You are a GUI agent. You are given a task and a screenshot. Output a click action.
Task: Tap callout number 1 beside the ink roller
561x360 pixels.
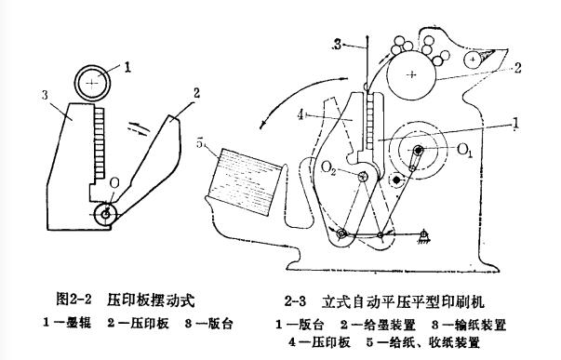pyautogui.click(x=127, y=67)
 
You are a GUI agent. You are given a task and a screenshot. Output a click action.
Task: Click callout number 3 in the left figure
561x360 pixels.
pyautogui.click(x=45, y=95)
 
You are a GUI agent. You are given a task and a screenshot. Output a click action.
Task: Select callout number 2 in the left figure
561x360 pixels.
pyautogui.click(x=196, y=94)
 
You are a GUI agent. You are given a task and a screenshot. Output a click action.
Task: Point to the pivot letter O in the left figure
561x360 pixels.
pyautogui.click(x=114, y=183)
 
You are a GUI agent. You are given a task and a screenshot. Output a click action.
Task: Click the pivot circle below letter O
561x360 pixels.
pyautogui.click(x=106, y=214)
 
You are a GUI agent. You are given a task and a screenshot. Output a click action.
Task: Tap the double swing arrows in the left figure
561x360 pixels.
pyautogui.click(x=138, y=128)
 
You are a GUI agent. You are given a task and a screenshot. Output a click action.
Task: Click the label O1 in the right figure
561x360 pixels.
pyautogui.click(x=465, y=151)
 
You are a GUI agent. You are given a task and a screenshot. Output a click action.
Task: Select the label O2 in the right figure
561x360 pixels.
pyautogui.click(x=328, y=167)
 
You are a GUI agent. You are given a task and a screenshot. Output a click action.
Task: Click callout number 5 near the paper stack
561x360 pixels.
pyautogui.click(x=200, y=143)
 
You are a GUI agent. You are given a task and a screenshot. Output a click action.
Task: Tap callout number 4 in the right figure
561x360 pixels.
pyautogui.click(x=301, y=115)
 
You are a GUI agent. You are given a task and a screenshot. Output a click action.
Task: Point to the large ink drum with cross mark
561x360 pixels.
pyautogui.click(x=411, y=74)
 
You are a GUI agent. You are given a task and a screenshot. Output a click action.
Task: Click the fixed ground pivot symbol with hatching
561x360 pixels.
pyautogui.click(x=423, y=236)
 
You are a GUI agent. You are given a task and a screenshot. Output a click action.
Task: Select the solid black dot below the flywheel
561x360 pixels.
pyautogui.click(x=396, y=179)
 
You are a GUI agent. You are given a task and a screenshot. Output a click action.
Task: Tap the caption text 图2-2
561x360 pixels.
pyautogui.click(x=74, y=299)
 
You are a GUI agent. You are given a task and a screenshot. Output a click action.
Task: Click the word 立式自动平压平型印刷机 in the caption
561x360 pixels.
pyautogui.click(x=403, y=301)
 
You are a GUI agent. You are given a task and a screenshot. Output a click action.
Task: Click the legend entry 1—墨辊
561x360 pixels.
pyautogui.click(x=67, y=323)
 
